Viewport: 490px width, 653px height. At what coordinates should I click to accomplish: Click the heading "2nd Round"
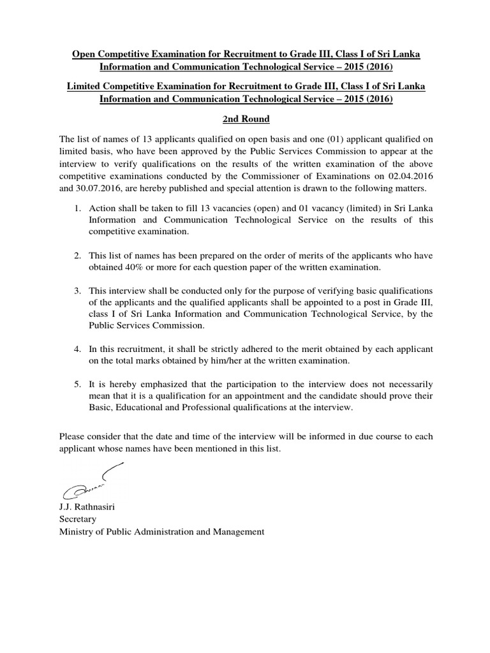244,119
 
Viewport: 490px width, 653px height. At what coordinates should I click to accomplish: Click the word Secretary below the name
77,519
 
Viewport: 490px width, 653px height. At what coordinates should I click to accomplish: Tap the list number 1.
77,208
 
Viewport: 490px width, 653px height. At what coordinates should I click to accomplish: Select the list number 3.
77,290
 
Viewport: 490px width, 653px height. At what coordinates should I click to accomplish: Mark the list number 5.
77,385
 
